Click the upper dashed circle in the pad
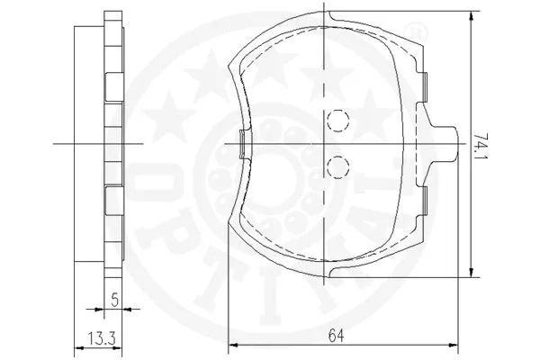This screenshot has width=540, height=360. point(336,120)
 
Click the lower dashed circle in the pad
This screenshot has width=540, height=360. point(336,165)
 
